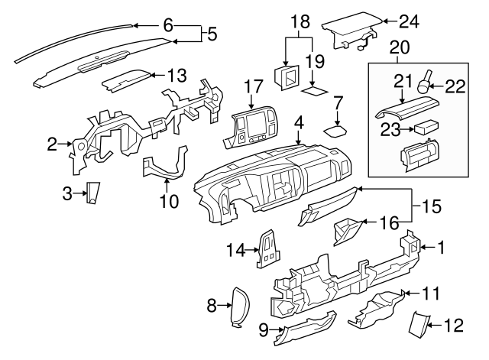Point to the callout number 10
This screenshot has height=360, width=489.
169,202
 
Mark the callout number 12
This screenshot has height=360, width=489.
454,326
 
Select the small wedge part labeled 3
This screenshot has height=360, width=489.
92,194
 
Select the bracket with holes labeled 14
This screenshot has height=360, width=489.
269,250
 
